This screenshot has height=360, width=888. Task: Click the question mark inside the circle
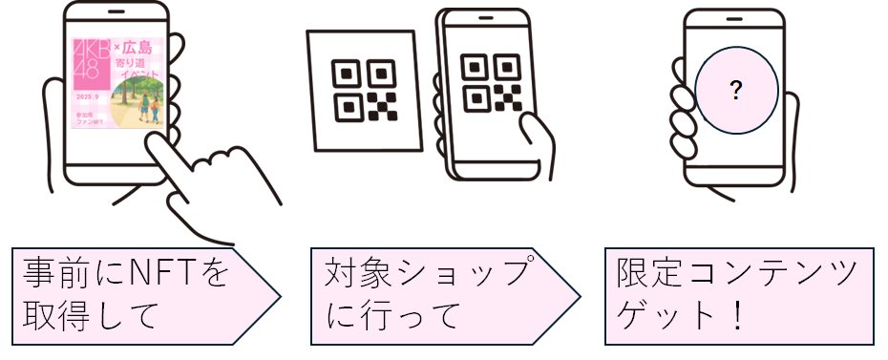coord(735,91)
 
